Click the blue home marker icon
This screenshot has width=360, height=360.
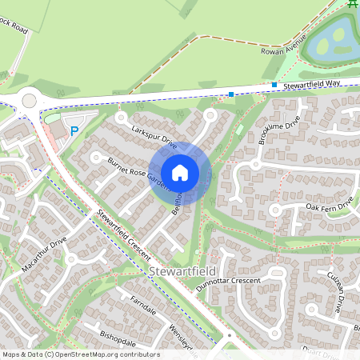tap(180, 173)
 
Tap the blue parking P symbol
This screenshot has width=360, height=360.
tap(74, 131)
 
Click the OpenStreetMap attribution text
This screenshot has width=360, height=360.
tap(81, 354)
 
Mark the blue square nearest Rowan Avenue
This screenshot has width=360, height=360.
tap(274, 85)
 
